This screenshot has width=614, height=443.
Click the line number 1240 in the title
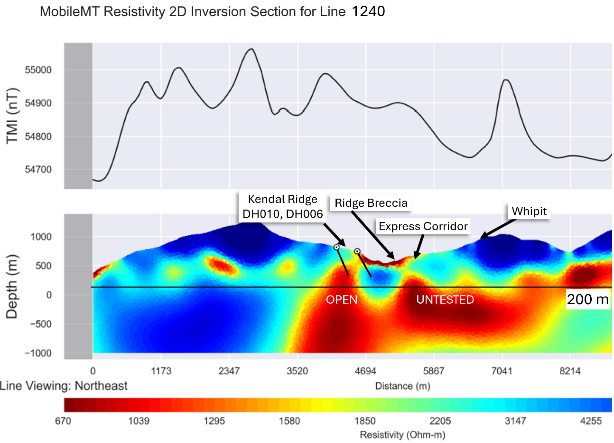tap(368, 11)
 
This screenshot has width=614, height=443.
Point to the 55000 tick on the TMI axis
tap(38, 70)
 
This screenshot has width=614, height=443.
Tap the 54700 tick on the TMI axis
tap(38, 170)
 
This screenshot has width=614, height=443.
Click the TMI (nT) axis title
tap(12, 116)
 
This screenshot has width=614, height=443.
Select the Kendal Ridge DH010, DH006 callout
tap(283, 207)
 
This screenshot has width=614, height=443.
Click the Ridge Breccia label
tap(371, 203)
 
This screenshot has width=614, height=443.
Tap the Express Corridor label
tap(423, 226)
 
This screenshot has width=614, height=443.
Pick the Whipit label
tap(529, 211)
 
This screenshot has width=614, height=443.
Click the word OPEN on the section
tap(342, 299)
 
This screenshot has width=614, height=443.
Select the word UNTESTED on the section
tap(445, 299)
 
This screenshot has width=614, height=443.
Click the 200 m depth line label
tap(587, 299)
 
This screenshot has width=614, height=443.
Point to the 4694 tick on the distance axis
tap(365, 371)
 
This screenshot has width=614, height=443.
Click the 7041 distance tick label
tap(502, 371)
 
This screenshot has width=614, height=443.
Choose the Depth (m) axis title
tap(12, 286)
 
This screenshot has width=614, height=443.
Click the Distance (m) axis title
tap(403, 386)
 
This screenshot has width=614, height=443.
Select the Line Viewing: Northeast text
tap(64, 386)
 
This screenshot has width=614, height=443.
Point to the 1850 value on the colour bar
tap(364, 421)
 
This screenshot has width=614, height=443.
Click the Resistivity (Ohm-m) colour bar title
tap(402, 434)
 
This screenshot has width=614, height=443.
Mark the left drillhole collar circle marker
tap(336, 247)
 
